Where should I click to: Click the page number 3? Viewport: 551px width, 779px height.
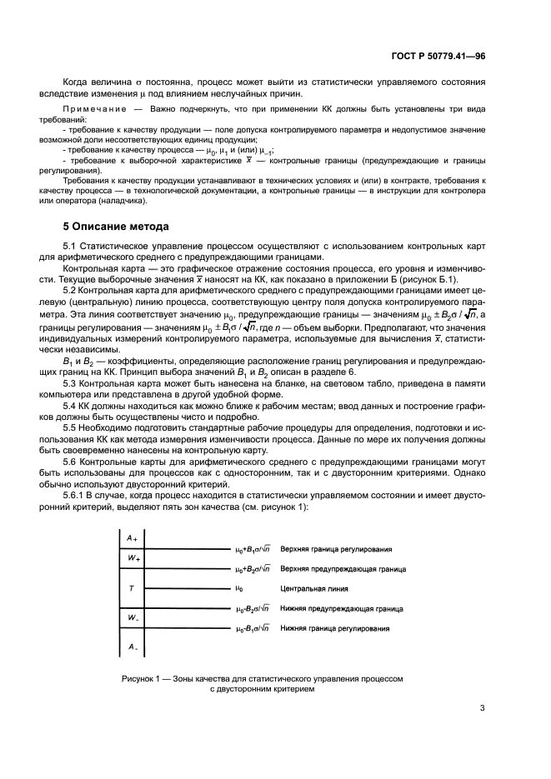pyautogui.click(x=482, y=709)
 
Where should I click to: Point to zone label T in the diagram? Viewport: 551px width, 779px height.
pyautogui.click(x=132, y=588)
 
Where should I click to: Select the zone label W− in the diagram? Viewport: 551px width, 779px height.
pyautogui.click(x=133, y=617)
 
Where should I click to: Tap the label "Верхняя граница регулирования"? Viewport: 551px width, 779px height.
pyautogui.click(x=336, y=550)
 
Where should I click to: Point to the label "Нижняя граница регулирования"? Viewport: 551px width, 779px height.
pyautogui.click(x=335, y=628)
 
